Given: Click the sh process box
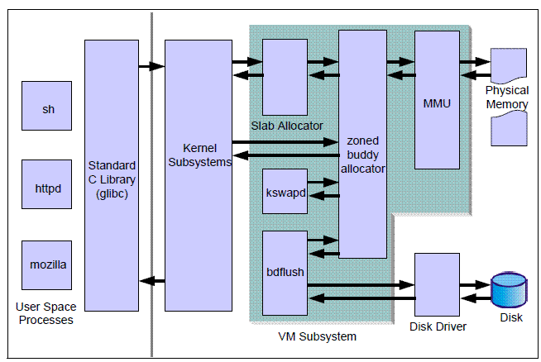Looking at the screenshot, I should point(46,107).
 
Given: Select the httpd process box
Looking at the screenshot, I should point(46,188).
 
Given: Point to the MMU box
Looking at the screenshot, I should point(437,103).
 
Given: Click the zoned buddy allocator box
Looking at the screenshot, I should point(362,144).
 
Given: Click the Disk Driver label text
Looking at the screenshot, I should point(438,326).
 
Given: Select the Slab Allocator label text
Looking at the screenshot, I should point(286,126).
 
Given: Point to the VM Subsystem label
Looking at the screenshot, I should point(317,336).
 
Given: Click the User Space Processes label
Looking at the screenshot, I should point(45,313).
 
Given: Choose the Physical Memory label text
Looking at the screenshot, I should point(507,96).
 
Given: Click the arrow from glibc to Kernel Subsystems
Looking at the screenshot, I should point(151,65).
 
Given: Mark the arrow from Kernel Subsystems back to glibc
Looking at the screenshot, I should point(151,281).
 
